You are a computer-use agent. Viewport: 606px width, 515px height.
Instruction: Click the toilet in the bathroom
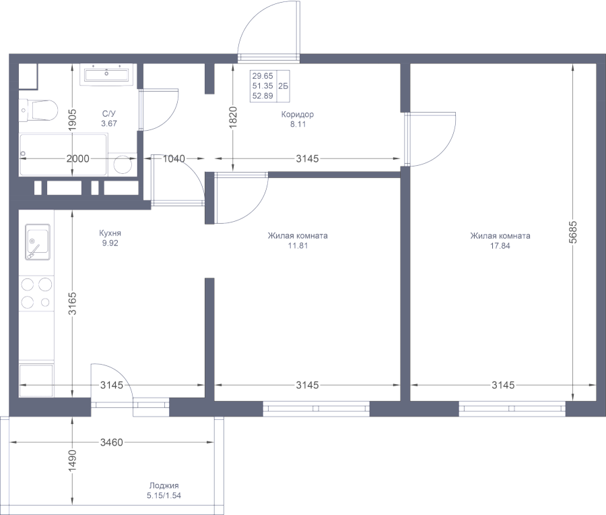[x=40, y=109]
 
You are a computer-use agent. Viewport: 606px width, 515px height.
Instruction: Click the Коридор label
[x=298, y=115]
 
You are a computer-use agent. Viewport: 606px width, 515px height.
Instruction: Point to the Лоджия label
[x=164, y=486]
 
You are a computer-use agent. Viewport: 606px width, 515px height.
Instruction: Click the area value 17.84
[x=500, y=245]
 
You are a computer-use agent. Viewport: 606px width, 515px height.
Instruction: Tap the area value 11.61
[x=298, y=245]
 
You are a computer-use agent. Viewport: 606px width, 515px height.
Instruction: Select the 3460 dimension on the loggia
[x=111, y=443]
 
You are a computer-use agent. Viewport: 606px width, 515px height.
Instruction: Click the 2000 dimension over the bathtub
[x=78, y=159]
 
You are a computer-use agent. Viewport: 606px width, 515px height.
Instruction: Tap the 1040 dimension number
[x=174, y=159]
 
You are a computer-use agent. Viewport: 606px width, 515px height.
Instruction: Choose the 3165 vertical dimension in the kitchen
[x=72, y=303]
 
